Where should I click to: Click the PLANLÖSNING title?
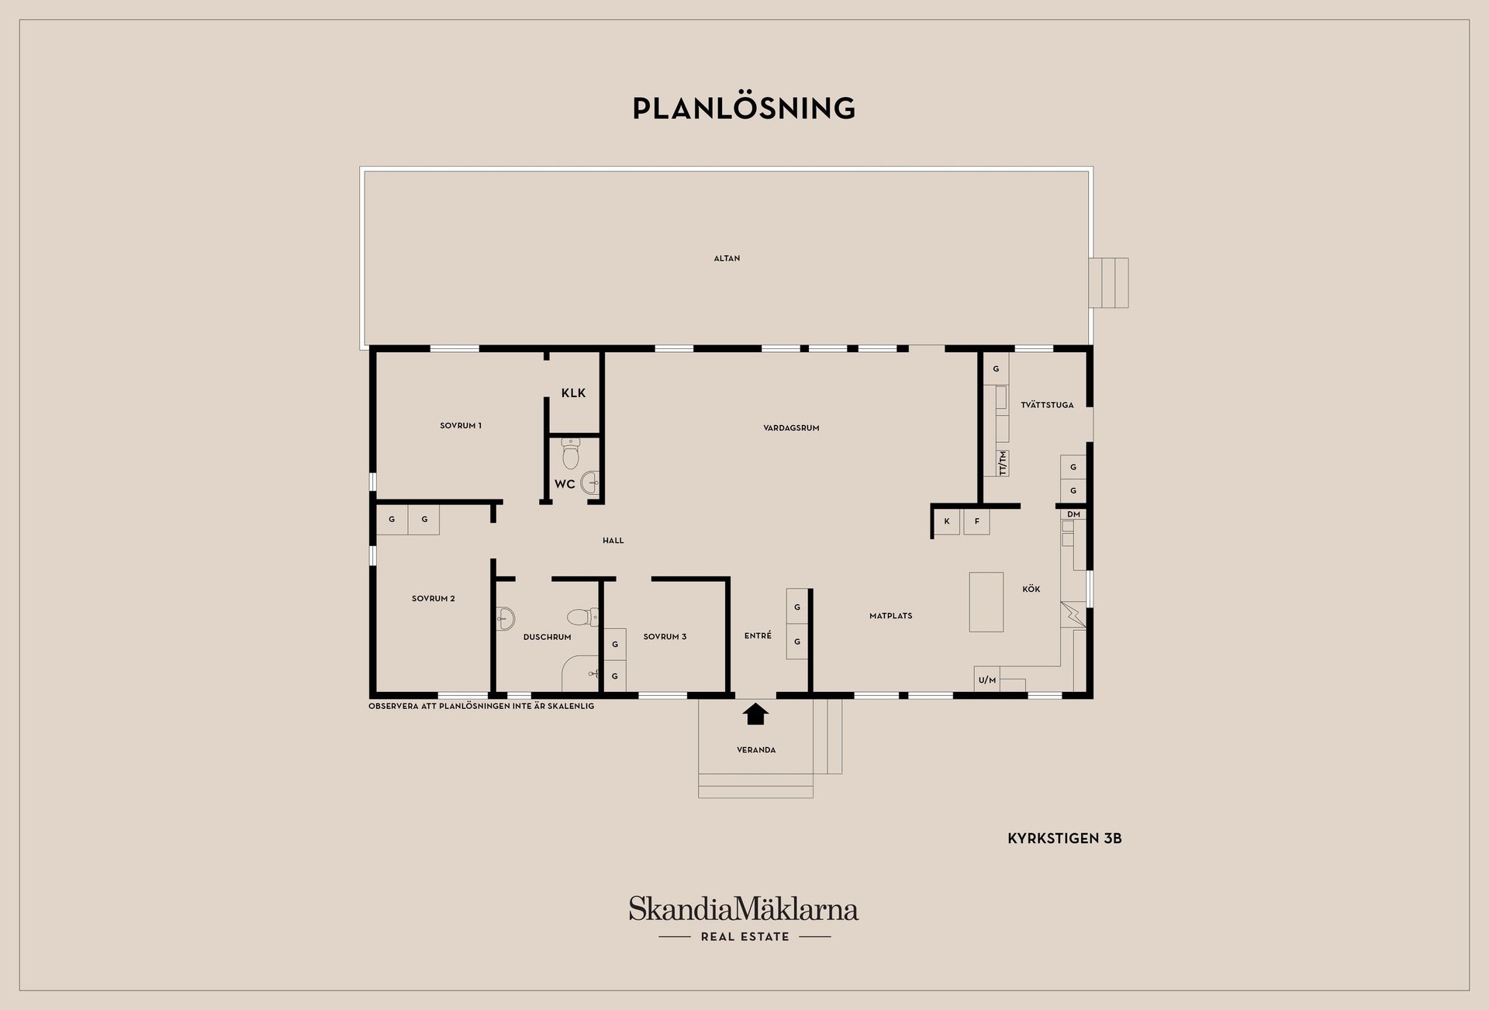[744, 108]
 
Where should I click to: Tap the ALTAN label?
[727, 258]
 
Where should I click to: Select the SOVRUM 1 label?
[461, 425]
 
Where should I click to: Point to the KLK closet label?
[573, 393]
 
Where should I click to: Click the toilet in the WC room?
[571, 454]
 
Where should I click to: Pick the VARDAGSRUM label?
[791, 427]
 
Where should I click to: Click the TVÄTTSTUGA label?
[1047, 405]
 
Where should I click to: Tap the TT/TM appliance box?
[1002, 463]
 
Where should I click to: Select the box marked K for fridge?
[947, 521]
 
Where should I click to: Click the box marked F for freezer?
[976, 521]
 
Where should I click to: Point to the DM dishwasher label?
[1073, 514]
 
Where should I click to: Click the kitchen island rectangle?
[986, 601]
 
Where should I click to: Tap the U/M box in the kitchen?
[987, 680]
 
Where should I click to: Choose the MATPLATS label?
[890, 616]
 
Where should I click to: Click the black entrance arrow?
[755, 714]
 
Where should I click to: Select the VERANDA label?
[756, 750]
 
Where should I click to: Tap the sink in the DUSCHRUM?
[506, 618]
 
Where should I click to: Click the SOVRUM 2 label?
[434, 598]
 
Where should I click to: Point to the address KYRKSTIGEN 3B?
[1065, 839]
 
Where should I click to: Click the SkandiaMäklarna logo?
[744, 918]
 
